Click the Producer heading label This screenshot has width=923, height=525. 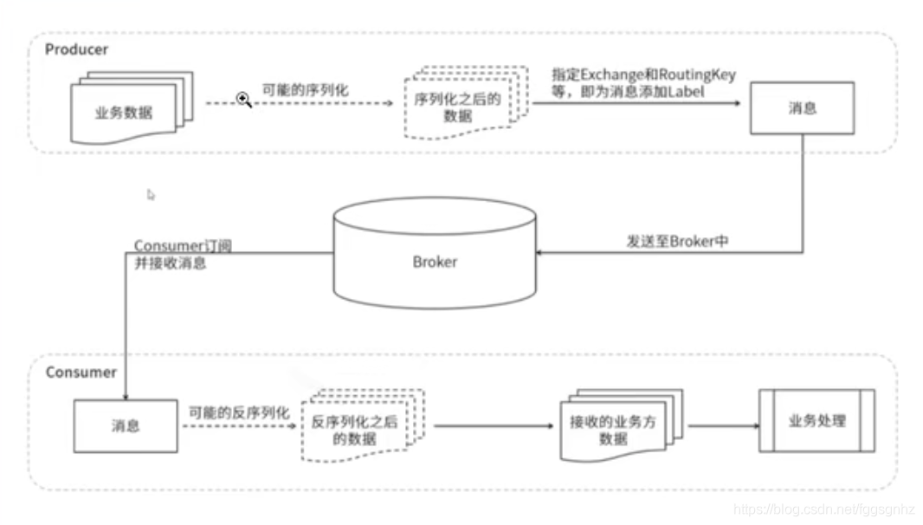76,49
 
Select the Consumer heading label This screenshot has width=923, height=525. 81,373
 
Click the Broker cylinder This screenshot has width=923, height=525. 435,253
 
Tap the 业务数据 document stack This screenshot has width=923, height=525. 132,107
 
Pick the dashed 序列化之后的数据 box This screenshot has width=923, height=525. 466,103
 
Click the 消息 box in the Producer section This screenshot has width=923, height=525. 803,108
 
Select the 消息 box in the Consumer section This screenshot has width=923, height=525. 126,426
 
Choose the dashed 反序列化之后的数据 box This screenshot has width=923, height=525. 363,425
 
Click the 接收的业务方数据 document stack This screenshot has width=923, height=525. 621,425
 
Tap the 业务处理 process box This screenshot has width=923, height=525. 817,421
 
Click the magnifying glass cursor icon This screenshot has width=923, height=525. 243,100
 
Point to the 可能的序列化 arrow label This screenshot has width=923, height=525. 305,90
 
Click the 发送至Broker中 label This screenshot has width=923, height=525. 678,242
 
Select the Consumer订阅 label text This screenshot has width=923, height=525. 183,246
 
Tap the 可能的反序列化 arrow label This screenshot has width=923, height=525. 239,412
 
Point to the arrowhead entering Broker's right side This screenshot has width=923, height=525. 539,253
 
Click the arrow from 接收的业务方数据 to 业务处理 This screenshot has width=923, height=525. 724,425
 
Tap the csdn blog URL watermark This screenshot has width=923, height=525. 824,509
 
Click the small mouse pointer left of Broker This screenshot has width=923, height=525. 151,194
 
